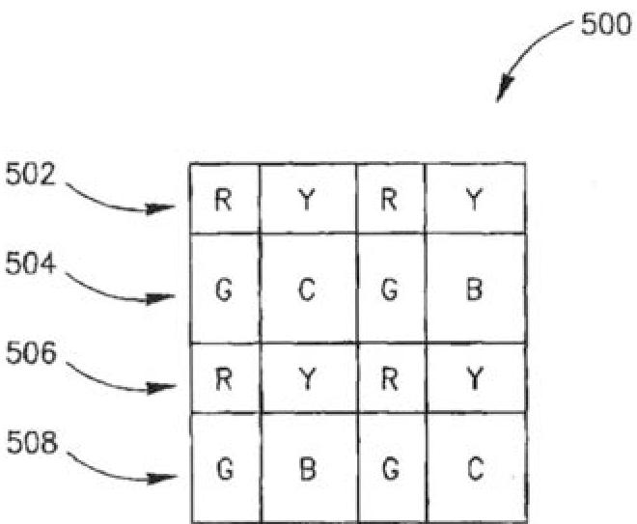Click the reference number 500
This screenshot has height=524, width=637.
pyautogui.click(x=604, y=26)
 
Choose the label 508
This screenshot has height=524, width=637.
pyautogui.click(x=30, y=447)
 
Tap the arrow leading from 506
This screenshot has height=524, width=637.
pyautogui.click(x=116, y=379)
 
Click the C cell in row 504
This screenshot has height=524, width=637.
pyautogui.click(x=307, y=290)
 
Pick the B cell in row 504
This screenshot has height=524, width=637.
pyautogui.click(x=474, y=290)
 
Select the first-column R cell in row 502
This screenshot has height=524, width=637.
pyautogui.click(x=223, y=199)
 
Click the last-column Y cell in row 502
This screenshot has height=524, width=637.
pyautogui.click(x=474, y=199)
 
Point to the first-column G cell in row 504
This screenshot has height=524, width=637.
pyautogui.click(x=223, y=290)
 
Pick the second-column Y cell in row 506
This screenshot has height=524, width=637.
pyautogui.click(x=307, y=378)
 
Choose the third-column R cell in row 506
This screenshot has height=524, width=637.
pyautogui.click(x=390, y=378)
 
